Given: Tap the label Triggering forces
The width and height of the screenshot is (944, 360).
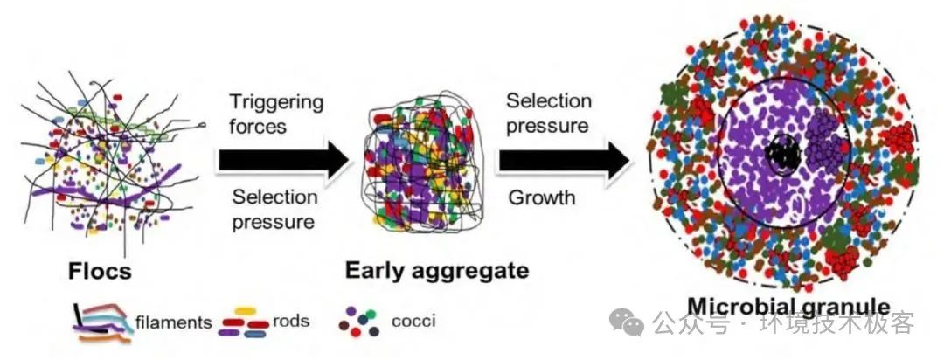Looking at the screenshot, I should (x=275, y=114).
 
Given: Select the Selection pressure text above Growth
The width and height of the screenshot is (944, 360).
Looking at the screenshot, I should (x=548, y=114).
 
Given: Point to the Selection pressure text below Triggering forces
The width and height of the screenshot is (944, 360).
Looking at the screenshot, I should (x=273, y=210).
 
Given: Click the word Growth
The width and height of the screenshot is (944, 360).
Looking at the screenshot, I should (x=541, y=197).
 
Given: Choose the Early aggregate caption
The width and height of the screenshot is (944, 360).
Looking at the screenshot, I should (x=437, y=270).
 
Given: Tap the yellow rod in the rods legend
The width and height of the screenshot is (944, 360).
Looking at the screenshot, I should (x=246, y=310).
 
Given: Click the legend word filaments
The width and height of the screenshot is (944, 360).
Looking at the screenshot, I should (x=173, y=322).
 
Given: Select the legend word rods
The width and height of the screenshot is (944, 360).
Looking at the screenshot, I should (x=291, y=321).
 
